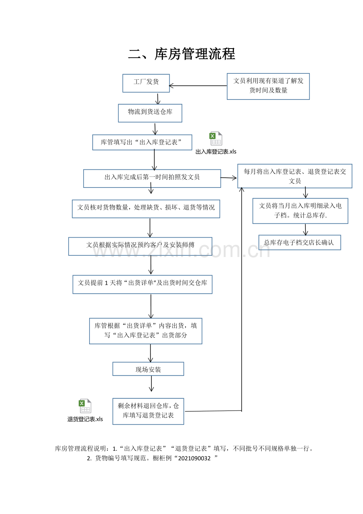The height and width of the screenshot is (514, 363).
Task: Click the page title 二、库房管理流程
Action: click(181, 54)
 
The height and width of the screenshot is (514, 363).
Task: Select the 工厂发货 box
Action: click(146, 83)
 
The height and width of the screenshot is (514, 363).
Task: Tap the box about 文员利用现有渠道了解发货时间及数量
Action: click(268, 86)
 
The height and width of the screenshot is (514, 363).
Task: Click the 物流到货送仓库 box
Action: click(150, 113)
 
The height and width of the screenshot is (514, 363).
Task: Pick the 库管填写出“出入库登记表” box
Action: click(142, 142)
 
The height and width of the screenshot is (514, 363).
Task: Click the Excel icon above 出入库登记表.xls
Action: click(216, 139)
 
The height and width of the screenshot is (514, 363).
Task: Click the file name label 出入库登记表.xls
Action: click(216, 152)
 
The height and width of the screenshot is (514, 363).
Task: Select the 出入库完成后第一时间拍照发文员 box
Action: click(152, 178)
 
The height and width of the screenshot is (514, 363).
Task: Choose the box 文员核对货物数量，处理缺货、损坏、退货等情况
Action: click(146, 208)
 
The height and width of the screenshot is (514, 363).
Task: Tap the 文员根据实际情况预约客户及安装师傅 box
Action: click(140, 246)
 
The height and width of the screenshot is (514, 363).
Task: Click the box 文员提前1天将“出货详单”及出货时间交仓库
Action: click(142, 284)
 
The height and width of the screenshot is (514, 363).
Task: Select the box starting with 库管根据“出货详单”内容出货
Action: click(146, 331)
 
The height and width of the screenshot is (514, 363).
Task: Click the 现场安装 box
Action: click(148, 369)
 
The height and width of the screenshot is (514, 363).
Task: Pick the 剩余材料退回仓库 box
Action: click(148, 411)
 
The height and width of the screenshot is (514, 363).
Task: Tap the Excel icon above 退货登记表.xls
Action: click(85, 406)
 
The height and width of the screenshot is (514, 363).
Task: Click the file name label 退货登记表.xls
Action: click(85, 419)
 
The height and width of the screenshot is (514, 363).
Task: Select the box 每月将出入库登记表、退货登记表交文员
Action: click(294, 176)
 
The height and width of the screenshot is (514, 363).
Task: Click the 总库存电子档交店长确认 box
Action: click(299, 242)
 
